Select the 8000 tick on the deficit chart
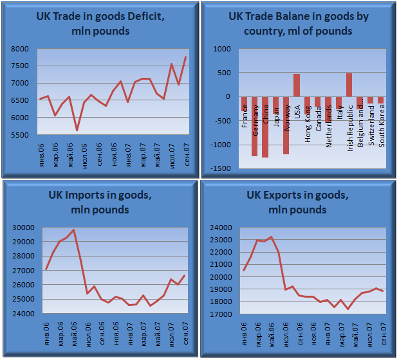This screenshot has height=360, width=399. tap(21, 49)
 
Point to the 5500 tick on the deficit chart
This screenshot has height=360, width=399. tap(21, 135)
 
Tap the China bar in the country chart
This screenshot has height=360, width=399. tap(265, 127)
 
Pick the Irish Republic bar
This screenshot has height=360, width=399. tap(349, 85)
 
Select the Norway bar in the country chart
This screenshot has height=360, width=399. tap(286, 125)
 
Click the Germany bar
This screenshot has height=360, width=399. tap(255, 126)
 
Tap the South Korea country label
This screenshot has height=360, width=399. tap(382, 125)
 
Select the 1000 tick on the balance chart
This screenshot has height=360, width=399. tap(221, 49)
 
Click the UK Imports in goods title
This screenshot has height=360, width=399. tap(100, 203)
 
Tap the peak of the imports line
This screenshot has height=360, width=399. tap(73, 230)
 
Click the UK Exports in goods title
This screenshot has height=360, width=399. tap(298, 203)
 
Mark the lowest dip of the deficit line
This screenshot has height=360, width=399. tap(77, 130)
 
